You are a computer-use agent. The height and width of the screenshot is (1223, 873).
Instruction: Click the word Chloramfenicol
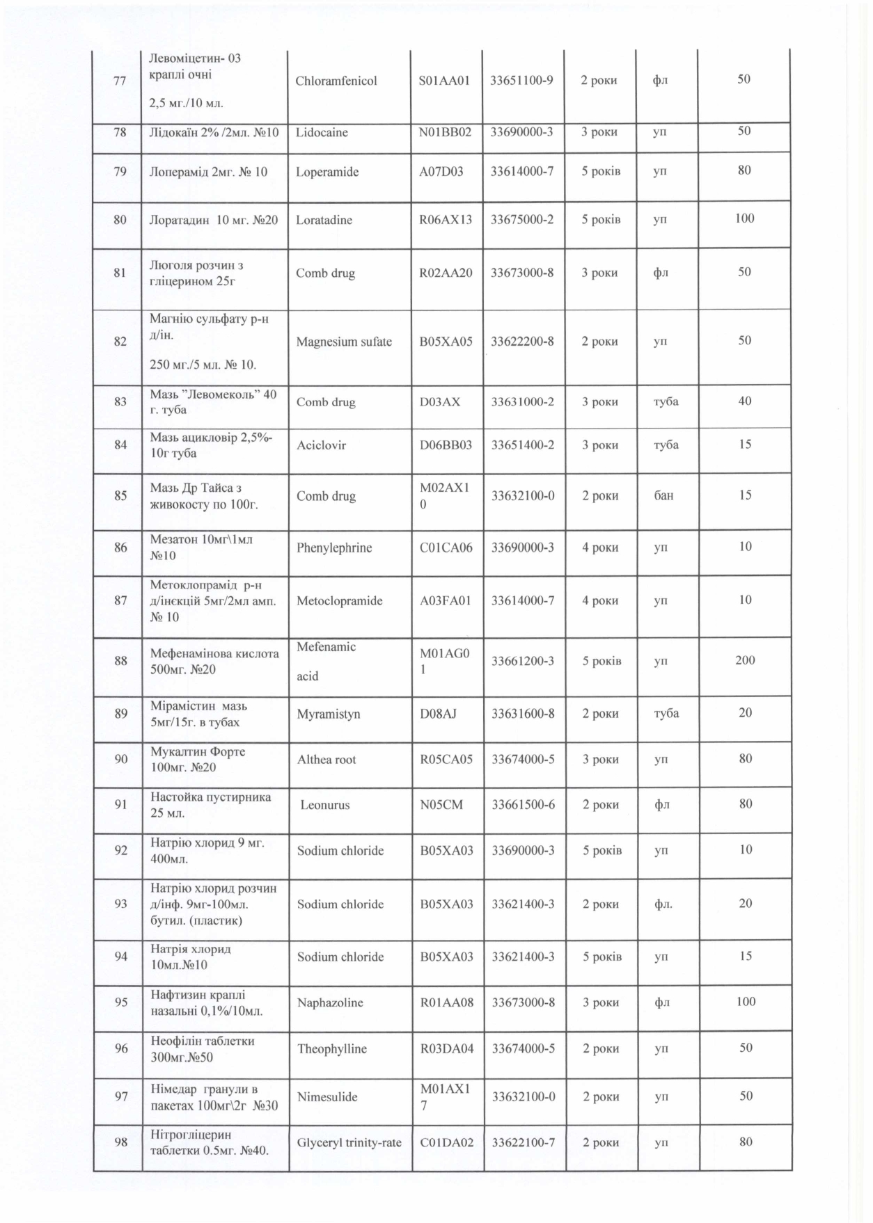pyautogui.click(x=336, y=81)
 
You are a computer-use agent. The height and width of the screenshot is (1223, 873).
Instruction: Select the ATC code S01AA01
pyautogui.click(x=445, y=80)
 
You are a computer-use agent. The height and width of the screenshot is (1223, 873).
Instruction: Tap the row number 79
pyautogui.click(x=120, y=171)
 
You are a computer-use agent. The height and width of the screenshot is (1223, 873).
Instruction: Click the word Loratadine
pyautogui.click(x=324, y=220)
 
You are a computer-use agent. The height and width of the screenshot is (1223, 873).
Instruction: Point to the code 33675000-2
pyautogui.click(x=522, y=219)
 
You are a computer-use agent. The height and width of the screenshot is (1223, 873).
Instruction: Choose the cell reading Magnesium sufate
pyautogui.click(x=344, y=342)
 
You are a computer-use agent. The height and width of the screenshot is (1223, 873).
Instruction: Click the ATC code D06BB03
pyautogui.click(x=446, y=445)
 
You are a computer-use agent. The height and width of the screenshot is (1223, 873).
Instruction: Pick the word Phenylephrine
pyautogui.click(x=334, y=547)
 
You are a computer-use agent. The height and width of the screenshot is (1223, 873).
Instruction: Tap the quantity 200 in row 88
pyautogui.click(x=745, y=660)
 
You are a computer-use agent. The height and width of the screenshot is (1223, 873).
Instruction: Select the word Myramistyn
pyautogui.click(x=329, y=714)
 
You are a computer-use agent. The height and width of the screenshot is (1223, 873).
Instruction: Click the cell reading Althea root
pyautogui.click(x=327, y=759)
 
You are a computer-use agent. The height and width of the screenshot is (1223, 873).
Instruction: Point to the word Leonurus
pyautogui.click(x=325, y=805)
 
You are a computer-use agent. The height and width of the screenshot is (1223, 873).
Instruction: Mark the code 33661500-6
pyautogui.click(x=523, y=804)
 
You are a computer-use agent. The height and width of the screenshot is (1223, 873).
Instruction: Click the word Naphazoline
pyautogui.click(x=331, y=1002)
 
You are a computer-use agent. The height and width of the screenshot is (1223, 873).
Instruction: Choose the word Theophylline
pyautogui.click(x=332, y=1048)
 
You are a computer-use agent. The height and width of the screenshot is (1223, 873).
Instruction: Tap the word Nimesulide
pyautogui.click(x=327, y=1096)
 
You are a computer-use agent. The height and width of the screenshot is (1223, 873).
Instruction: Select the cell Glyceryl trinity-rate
pyautogui.click(x=349, y=1142)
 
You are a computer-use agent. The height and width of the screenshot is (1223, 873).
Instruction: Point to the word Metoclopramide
pyautogui.click(x=340, y=600)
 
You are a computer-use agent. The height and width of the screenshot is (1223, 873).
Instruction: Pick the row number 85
pyautogui.click(x=120, y=496)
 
